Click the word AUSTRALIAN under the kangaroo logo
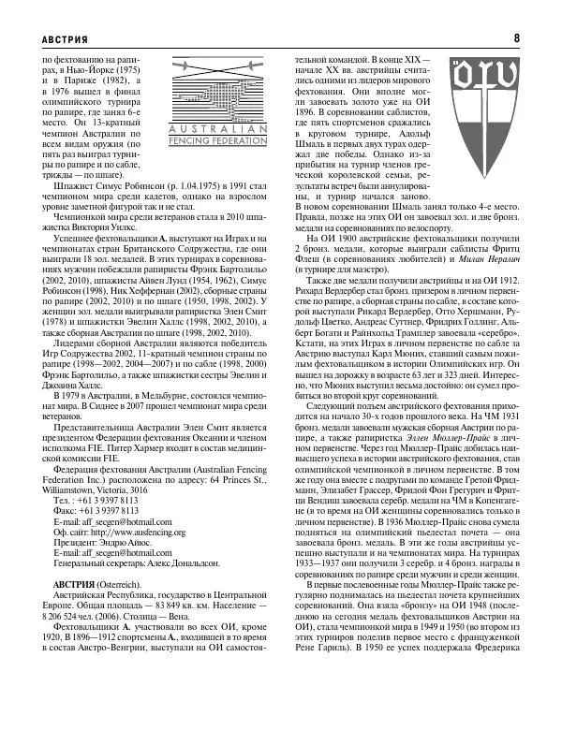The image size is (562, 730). pyautogui.click(x=219, y=128)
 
